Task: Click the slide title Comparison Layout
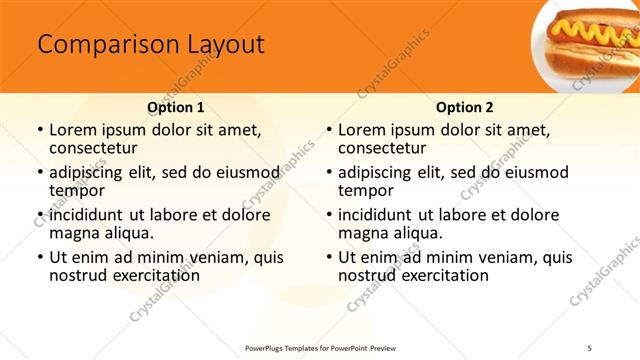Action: tap(150, 45)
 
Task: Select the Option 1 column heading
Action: tap(176, 107)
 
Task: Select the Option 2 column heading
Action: tap(465, 107)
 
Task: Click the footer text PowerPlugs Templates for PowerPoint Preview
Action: tap(320, 346)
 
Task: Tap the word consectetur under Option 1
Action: tap(94, 148)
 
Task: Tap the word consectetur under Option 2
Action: tap(383, 148)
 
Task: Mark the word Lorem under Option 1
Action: tap(73, 130)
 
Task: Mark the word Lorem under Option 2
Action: tap(362, 130)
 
